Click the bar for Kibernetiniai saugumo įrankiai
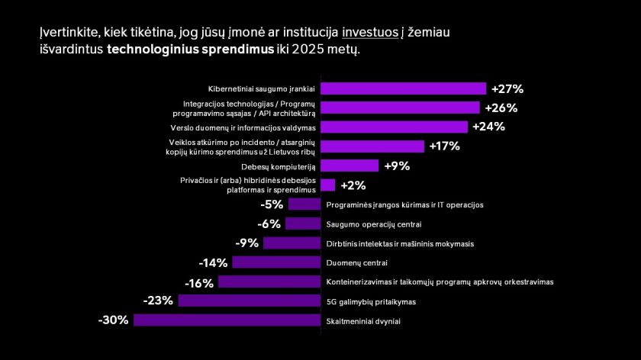coord(403,88)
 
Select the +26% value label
coord(501,108)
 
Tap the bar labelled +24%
coord(394,127)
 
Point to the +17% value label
coord(446,146)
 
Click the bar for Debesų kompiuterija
coord(349,166)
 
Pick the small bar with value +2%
coord(327,185)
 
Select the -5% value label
coord(272,204)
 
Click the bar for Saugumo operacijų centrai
coord(302,223)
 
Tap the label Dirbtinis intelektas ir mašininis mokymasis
coord(400,244)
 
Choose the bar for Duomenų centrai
coord(276,262)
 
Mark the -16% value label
coord(199,282)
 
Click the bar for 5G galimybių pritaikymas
coord(249,301)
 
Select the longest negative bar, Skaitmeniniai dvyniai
coord(227,320)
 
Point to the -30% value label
coord(113,320)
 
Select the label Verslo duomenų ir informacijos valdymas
coord(255,127)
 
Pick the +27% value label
coord(507,88)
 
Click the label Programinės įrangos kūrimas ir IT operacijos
coord(404,204)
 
